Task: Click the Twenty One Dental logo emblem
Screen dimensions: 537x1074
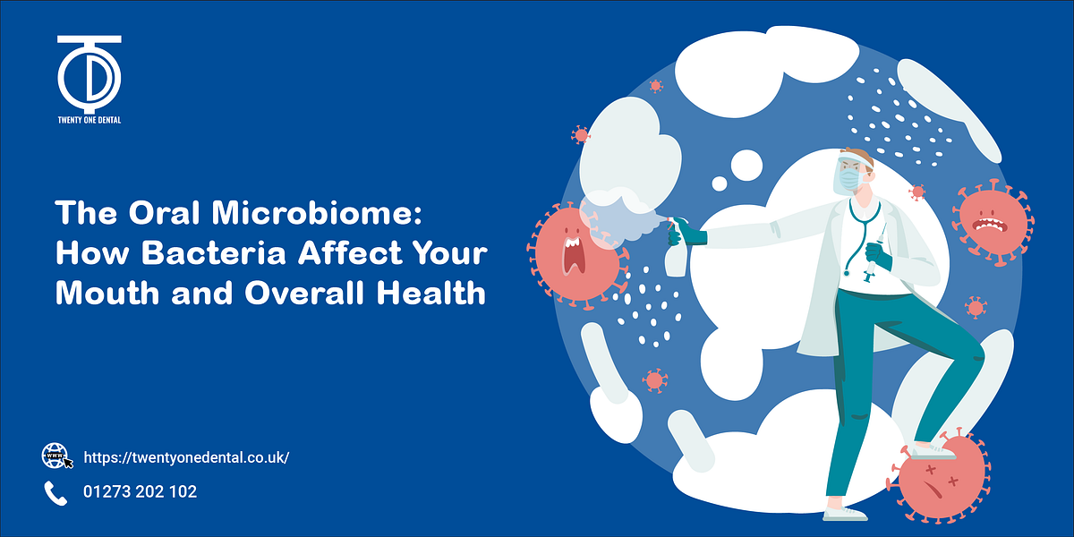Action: pos(89,72)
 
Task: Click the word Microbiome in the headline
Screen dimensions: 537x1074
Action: pos(318,214)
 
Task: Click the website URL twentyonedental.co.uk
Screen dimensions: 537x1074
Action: pos(186,457)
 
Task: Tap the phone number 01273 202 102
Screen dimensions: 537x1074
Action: pos(140,492)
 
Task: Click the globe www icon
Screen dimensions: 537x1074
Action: pos(55,456)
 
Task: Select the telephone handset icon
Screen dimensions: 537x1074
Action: pos(55,492)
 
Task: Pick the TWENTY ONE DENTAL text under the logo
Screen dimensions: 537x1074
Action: pos(89,118)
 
